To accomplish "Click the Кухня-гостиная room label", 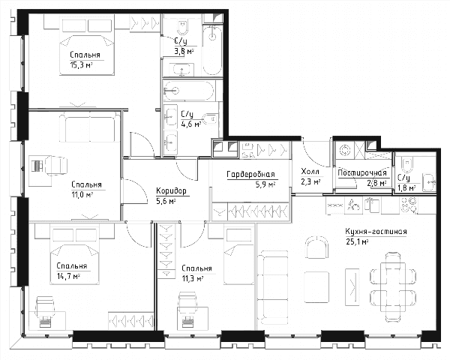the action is coord(376,232).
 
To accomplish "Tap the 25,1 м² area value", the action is coord(357,241).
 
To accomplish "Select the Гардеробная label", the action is coord(250,174).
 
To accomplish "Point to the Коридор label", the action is coord(171,190).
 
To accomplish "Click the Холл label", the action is coord(310,172).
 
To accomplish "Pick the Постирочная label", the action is coord(362,172).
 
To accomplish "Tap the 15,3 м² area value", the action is coord(81,65).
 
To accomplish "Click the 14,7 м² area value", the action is coord(68,276).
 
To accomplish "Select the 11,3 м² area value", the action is coord(193,278).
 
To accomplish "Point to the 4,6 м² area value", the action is coord(190,124).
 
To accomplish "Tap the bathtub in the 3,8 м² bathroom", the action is coord(212,50).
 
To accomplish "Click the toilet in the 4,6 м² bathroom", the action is coord(210,118).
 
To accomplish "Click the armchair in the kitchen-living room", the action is coord(316,247).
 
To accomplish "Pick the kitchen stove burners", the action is coord(409,205).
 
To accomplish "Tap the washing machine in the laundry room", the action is coord(344,150).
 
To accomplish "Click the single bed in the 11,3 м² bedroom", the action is coord(239,255).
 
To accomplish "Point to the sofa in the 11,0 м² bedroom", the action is coord(89,127).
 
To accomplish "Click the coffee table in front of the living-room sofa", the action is coord(316,286).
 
